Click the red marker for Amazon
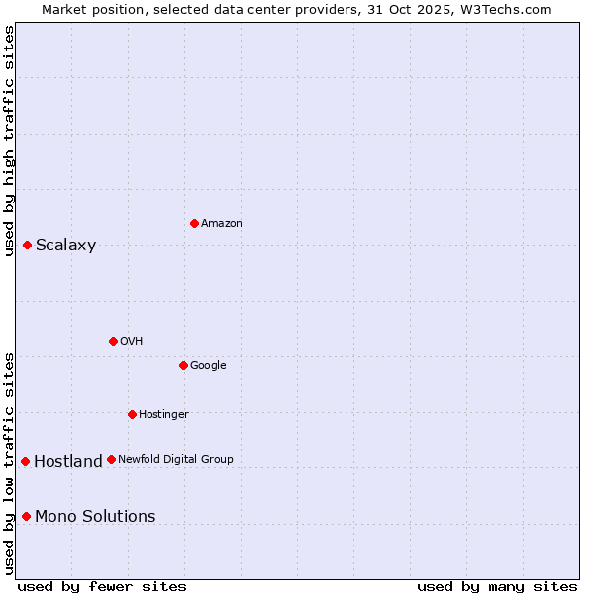[x=194, y=223]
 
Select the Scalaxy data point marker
[x=27, y=245]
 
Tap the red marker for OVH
[x=113, y=341]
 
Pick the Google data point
[x=183, y=365]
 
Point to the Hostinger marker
[x=132, y=414]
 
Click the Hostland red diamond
[x=25, y=461]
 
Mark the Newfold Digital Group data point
[x=111, y=459]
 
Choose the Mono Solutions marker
[x=26, y=516]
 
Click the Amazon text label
[x=221, y=224]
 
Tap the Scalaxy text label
[x=65, y=246]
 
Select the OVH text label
[x=132, y=342]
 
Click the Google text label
[x=208, y=366]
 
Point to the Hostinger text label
[x=163, y=414]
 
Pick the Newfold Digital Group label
[x=175, y=459]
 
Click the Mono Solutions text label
[x=95, y=517]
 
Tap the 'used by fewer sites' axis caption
[x=102, y=587]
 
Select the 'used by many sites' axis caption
[x=497, y=587]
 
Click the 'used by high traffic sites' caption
[x=9, y=141]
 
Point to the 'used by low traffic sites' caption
[x=9, y=462]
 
